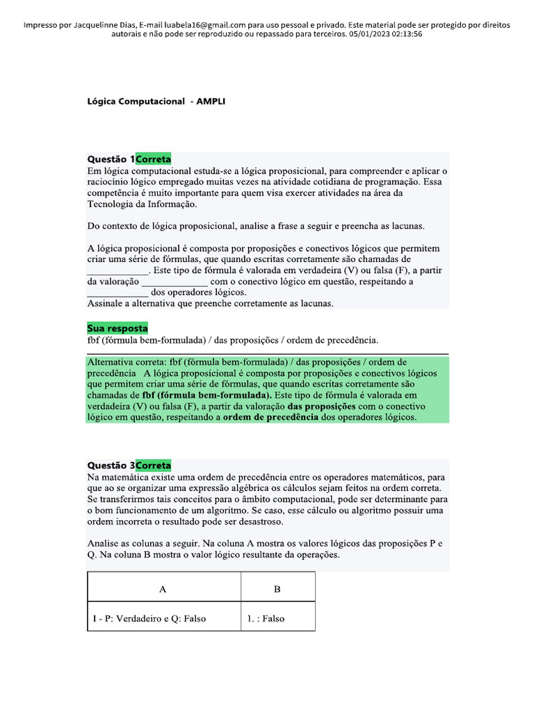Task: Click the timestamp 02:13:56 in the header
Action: coord(402,34)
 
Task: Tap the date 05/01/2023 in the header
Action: coord(364,34)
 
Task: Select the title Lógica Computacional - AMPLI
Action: coord(156,102)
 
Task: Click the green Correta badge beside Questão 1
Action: coord(153,159)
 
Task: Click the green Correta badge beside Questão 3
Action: coord(153,465)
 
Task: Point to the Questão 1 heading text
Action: coord(111,159)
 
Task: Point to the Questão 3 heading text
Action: coord(111,465)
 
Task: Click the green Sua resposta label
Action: coord(118,328)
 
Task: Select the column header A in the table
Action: coord(163,589)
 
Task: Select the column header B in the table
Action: coord(277,589)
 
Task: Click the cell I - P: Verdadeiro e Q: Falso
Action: coord(149,618)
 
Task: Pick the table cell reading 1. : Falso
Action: coord(265,618)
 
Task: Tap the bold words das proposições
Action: coord(321,406)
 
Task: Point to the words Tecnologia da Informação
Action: coord(142,204)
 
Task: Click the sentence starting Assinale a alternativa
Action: coord(210,304)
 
